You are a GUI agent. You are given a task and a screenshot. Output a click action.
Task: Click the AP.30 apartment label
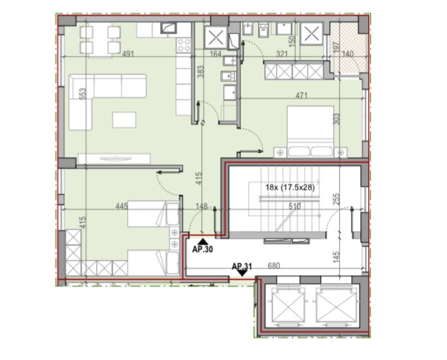click(x=203, y=249)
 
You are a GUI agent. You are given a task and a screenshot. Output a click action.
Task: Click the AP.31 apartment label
click(x=242, y=266)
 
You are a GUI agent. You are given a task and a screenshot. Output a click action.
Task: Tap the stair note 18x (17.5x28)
click(x=290, y=187)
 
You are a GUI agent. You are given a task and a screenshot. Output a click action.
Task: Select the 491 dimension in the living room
click(x=128, y=53)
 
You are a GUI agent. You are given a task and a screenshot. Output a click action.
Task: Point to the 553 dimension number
click(x=82, y=94)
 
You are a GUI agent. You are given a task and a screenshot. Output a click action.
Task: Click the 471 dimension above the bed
click(x=301, y=95)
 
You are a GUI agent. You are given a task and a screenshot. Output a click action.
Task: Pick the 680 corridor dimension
click(x=274, y=266)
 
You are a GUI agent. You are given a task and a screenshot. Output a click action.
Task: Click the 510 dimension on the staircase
click(x=295, y=206)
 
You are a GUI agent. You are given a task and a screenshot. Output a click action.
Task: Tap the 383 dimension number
click(x=201, y=71)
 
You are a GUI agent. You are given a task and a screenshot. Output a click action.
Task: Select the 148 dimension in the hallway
click(x=202, y=206)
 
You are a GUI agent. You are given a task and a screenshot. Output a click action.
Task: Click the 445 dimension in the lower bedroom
click(x=122, y=206)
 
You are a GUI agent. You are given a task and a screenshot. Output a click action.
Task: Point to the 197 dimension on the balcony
click(x=336, y=48)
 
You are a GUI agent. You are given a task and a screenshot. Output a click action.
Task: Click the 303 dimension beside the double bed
click(x=336, y=119)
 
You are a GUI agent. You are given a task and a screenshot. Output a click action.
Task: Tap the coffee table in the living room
click(x=124, y=120)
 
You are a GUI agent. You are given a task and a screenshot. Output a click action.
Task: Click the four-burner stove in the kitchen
click(x=183, y=45)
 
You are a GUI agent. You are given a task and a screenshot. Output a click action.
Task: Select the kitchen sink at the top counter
click(x=169, y=28)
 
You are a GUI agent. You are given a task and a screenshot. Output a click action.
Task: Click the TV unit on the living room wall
click(x=114, y=159)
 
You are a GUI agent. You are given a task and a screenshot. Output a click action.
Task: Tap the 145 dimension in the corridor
click(x=336, y=257)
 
